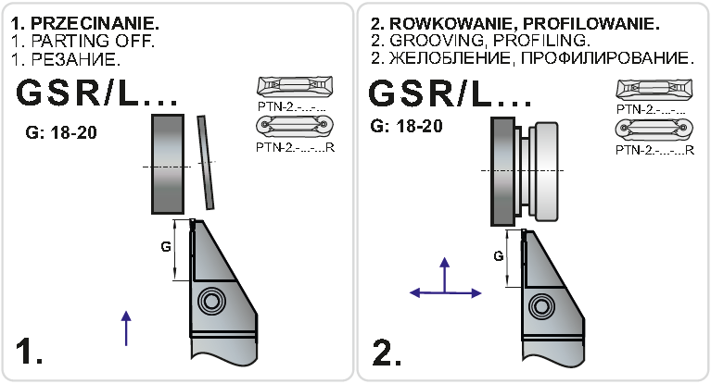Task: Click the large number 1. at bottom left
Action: point(30,353)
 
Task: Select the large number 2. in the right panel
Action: point(387,353)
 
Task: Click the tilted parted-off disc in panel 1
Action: point(204,162)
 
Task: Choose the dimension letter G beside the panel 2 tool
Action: point(499,256)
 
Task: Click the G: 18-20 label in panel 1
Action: point(61,132)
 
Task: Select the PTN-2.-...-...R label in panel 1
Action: point(293,146)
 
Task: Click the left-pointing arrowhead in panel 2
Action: point(413,292)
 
